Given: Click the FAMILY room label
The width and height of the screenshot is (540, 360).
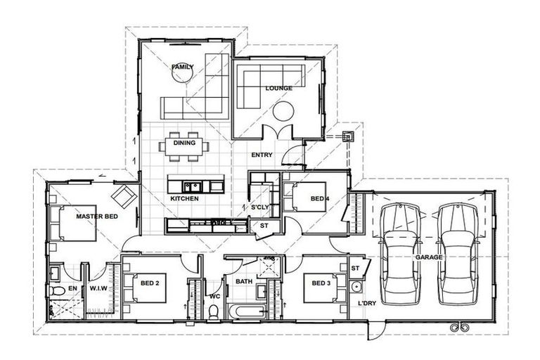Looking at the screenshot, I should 182,67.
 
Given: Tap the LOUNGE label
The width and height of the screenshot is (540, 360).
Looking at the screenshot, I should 279,89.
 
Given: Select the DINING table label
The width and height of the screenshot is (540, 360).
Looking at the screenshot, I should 185,143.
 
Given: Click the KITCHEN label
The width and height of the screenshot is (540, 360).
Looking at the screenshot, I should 184,199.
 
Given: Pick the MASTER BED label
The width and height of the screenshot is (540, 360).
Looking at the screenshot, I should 97,217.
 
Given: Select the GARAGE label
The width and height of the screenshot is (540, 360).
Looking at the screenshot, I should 428,257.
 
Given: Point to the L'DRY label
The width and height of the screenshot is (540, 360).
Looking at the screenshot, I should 367,302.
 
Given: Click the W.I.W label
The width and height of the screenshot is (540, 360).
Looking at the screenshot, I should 98,288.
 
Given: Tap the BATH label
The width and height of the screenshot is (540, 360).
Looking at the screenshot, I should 244,282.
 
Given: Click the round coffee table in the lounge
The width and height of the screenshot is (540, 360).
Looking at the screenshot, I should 283,111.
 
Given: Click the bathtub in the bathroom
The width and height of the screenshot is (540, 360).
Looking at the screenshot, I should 247,311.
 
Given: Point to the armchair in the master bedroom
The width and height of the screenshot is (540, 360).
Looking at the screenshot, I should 124,195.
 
